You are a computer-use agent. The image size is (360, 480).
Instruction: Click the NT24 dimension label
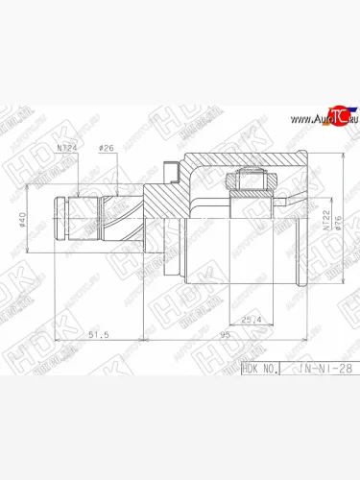(68, 148)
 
